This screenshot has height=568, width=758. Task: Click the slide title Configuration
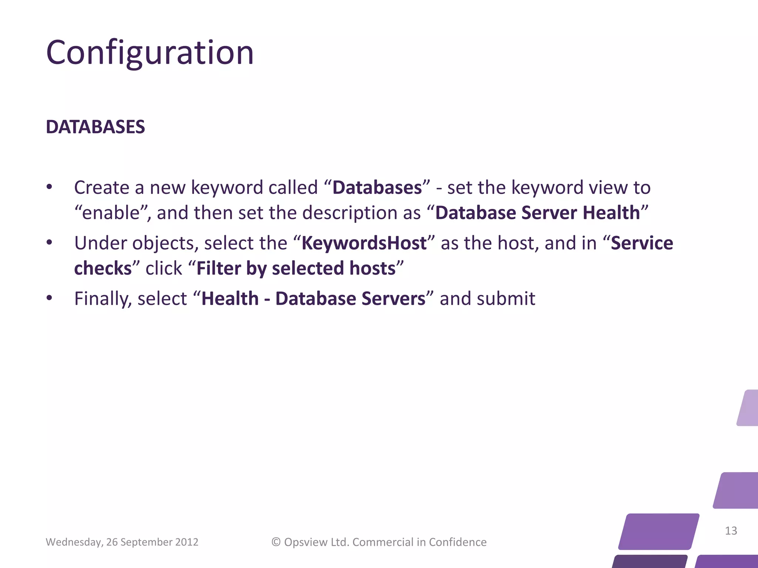pyautogui.click(x=150, y=53)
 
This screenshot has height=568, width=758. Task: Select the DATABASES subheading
pyautogui.click(x=95, y=127)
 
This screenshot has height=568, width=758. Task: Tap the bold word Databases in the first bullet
pyautogui.click(x=377, y=187)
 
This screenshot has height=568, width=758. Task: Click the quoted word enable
pyautogui.click(x=111, y=213)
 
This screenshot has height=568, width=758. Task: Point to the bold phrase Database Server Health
pyautogui.click(x=537, y=213)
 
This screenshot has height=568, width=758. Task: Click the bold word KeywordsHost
pyautogui.click(x=364, y=243)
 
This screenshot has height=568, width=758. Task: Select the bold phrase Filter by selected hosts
pyautogui.click(x=296, y=268)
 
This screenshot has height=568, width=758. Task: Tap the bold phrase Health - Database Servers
pyautogui.click(x=313, y=299)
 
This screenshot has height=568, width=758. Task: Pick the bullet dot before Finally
pyautogui.click(x=50, y=298)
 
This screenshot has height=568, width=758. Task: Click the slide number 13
pyautogui.click(x=731, y=531)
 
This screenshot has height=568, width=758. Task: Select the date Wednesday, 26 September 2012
pyautogui.click(x=122, y=542)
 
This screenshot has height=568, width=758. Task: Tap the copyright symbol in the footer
pyautogui.click(x=276, y=542)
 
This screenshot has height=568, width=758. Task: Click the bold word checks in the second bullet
pyautogui.click(x=103, y=268)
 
